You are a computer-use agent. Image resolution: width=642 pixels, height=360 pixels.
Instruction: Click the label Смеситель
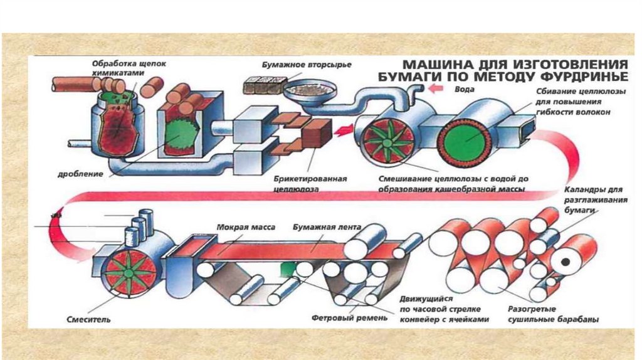click(88, 319)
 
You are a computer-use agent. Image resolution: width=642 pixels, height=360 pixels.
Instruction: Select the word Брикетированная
click(310, 179)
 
